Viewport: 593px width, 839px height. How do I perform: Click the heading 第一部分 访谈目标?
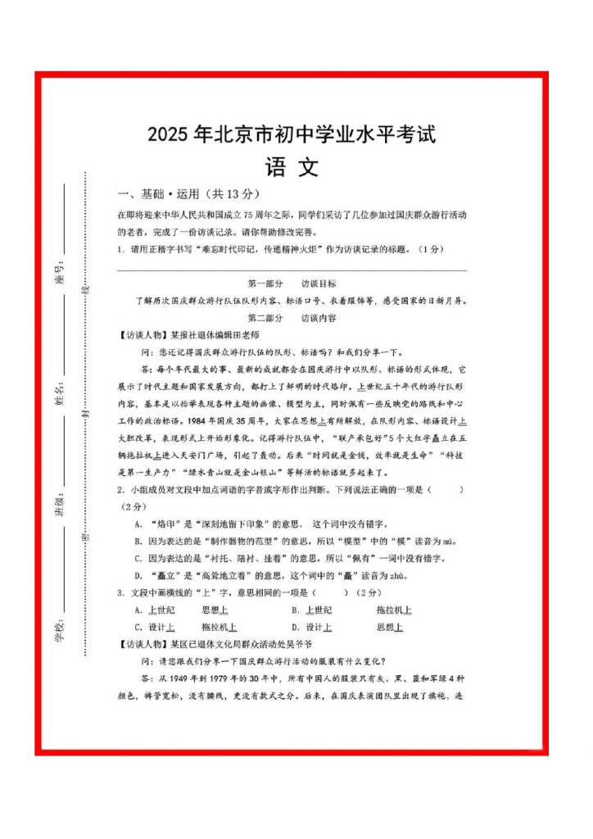(x=292, y=283)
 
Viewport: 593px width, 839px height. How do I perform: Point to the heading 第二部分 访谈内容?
(x=292, y=317)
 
